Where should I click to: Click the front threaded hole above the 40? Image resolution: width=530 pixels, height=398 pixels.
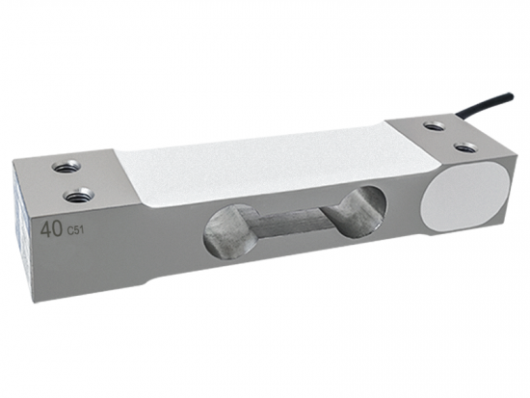[75, 196]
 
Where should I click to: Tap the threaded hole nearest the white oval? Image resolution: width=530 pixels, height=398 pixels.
[464, 147]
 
